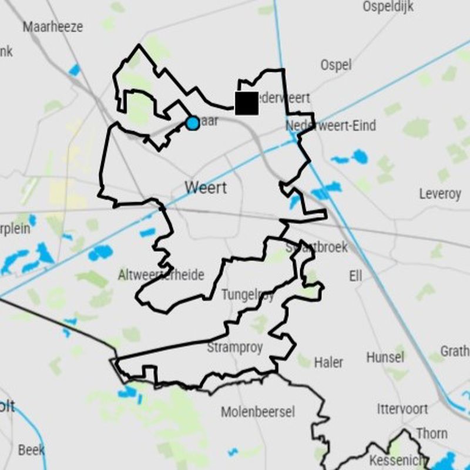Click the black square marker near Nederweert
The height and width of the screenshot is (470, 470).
pos(246,103)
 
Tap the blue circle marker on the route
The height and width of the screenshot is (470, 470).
pos(192,123)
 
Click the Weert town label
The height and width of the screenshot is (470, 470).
pos(206,188)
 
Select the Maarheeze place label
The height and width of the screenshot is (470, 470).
pos(53,26)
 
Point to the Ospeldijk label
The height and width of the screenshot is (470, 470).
pos(388,6)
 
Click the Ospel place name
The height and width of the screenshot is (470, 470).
pos(336,65)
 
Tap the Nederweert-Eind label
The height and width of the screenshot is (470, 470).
pos(331,125)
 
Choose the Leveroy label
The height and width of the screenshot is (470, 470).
pos(440,193)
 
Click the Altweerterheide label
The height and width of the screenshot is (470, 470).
pos(161,274)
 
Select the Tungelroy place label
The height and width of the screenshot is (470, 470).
pos(247,294)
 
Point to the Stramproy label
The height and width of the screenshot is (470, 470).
pos(234,347)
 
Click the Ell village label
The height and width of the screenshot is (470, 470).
pos(355,276)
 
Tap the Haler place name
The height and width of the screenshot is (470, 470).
pos(328,362)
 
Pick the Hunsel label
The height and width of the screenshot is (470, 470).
pos(385,357)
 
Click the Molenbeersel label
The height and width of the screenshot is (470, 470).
pos(258,412)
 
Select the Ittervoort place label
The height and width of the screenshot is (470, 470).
pos(402,408)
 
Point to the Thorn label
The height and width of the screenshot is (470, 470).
pos(432,433)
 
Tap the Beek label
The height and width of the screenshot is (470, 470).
pos(31,450)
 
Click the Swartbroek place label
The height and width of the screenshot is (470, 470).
pos(317,247)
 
